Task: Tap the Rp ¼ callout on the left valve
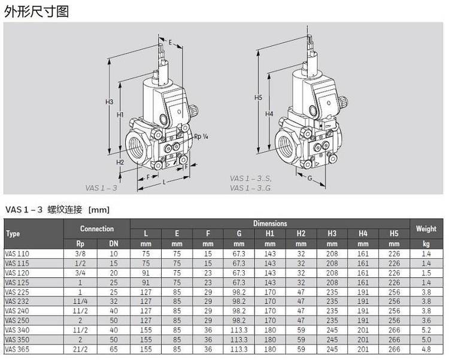point(201,137)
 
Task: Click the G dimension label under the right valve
point(310,178)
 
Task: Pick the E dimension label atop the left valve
point(170,43)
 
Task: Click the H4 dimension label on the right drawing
point(269,114)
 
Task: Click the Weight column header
point(426,228)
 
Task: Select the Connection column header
point(97,228)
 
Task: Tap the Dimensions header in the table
point(269,223)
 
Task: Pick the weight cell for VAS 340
point(426,329)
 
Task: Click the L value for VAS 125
point(145,282)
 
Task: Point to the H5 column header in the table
point(393,233)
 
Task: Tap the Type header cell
point(13,234)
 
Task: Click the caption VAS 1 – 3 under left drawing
point(101,187)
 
